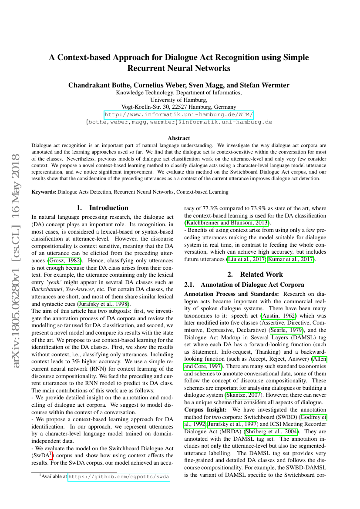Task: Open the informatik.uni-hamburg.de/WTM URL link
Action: tap(179, 115)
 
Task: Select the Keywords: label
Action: tap(44, 191)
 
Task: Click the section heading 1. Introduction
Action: tap(102, 208)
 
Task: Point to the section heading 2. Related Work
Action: tap(255, 274)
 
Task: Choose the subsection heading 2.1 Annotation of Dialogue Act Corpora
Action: tap(244, 285)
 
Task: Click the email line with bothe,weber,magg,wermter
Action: tap(179, 122)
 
